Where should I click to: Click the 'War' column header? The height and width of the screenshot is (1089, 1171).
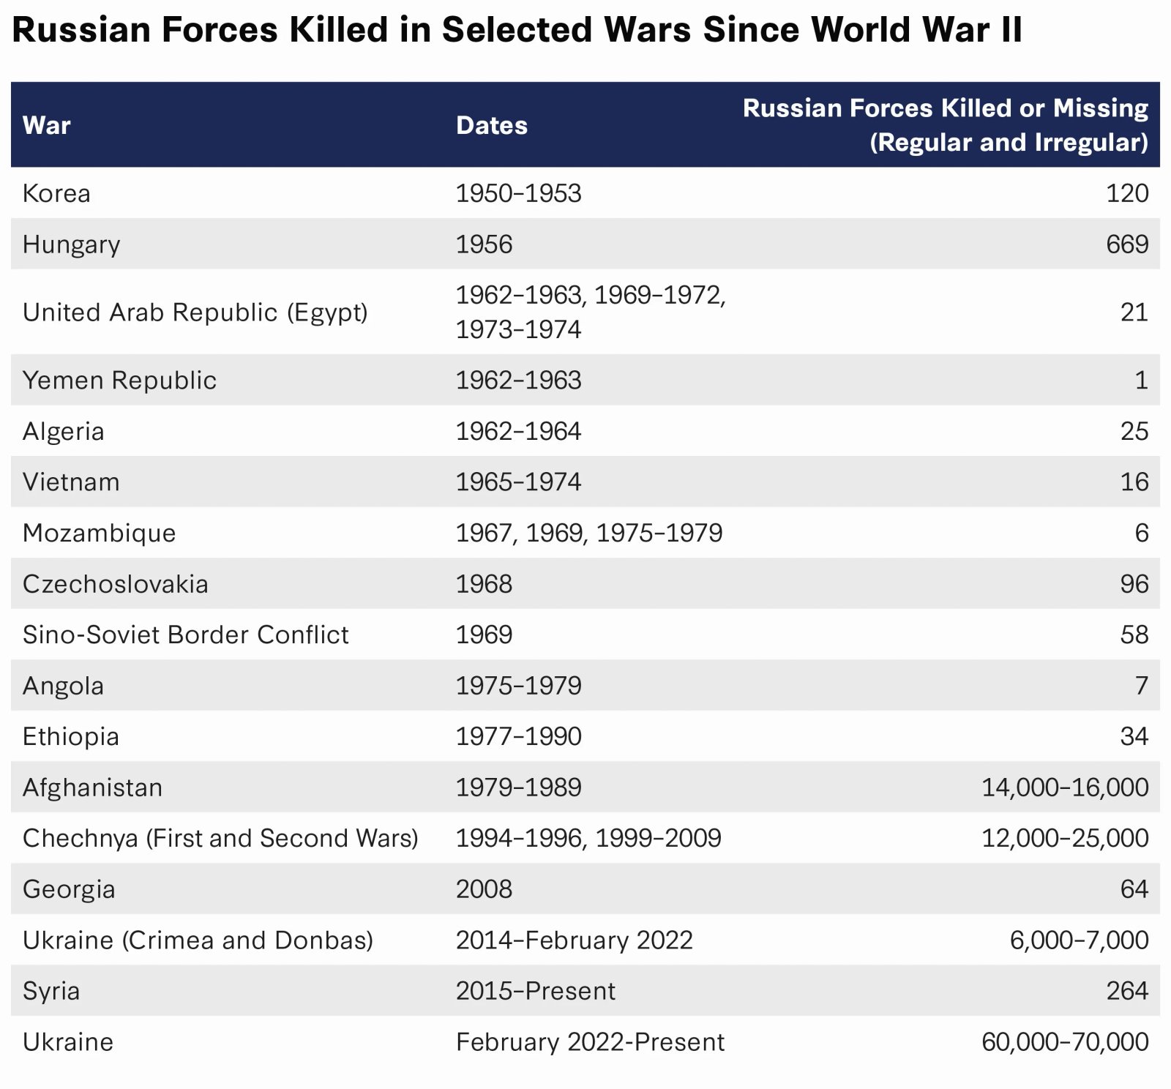pyautogui.click(x=47, y=125)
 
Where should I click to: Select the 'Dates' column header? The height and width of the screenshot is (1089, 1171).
pyautogui.click(x=491, y=125)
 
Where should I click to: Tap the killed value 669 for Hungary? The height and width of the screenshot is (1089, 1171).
pyautogui.click(x=1126, y=244)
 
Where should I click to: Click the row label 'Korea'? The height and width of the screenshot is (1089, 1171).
pyautogui.click(x=56, y=193)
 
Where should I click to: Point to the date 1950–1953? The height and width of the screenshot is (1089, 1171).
pyautogui.click(x=518, y=193)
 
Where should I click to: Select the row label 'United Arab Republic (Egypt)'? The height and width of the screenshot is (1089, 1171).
pyautogui.click(x=195, y=313)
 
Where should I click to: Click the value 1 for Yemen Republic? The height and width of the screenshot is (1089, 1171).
pyautogui.click(x=1141, y=381)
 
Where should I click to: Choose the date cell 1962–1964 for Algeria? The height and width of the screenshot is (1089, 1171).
pyautogui.click(x=518, y=431)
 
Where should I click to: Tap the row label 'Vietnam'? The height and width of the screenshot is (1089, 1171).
pyautogui.click(x=71, y=482)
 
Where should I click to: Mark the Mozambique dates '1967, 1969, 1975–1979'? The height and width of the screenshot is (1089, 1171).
pyautogui.click(x=588, y=533)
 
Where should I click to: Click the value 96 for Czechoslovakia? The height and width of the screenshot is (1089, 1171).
pyautogui.click(x=1134, y=584)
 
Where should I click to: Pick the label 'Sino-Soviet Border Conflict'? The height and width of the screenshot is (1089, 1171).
pyautogui.click(x=185, y=635)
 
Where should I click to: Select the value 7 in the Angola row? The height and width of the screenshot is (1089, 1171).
pyautogui.click(x=1141, y=686)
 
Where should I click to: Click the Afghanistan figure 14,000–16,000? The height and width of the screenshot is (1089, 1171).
pyautogui.click(x=1064, y=787)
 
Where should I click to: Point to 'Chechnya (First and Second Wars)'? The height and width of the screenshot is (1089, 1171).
pyautogui.click(x=220, y=838)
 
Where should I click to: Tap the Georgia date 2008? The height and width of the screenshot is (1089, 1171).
pyautogui.click(x=484, y=889)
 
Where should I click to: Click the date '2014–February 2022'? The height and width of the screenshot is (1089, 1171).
pyautogui.click(x=574, y=940)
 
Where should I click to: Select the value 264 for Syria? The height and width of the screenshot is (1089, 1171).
pyautogui.click(x=1126, y=991)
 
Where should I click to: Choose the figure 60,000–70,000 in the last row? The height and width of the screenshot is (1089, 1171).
pyautogui.click(x=1064, y=1041)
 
